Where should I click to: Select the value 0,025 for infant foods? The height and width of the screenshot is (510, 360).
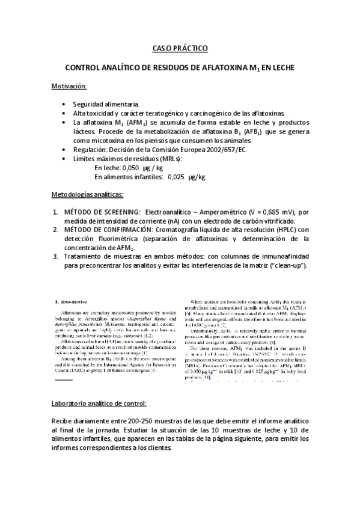pos(176,177)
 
